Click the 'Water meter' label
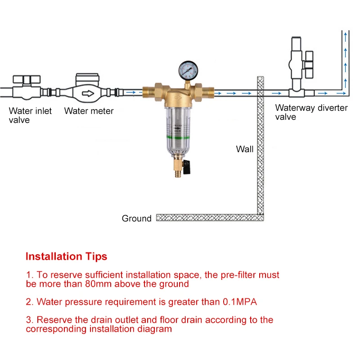(89, 111)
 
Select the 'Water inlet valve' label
(30, 115)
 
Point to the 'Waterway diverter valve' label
(311, 112)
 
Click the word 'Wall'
(245, 149)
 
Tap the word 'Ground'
(136, 219)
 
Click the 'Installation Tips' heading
(66, 256)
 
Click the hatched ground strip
(207, 218)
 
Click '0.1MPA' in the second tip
(239, 302)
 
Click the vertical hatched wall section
(260, 148)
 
